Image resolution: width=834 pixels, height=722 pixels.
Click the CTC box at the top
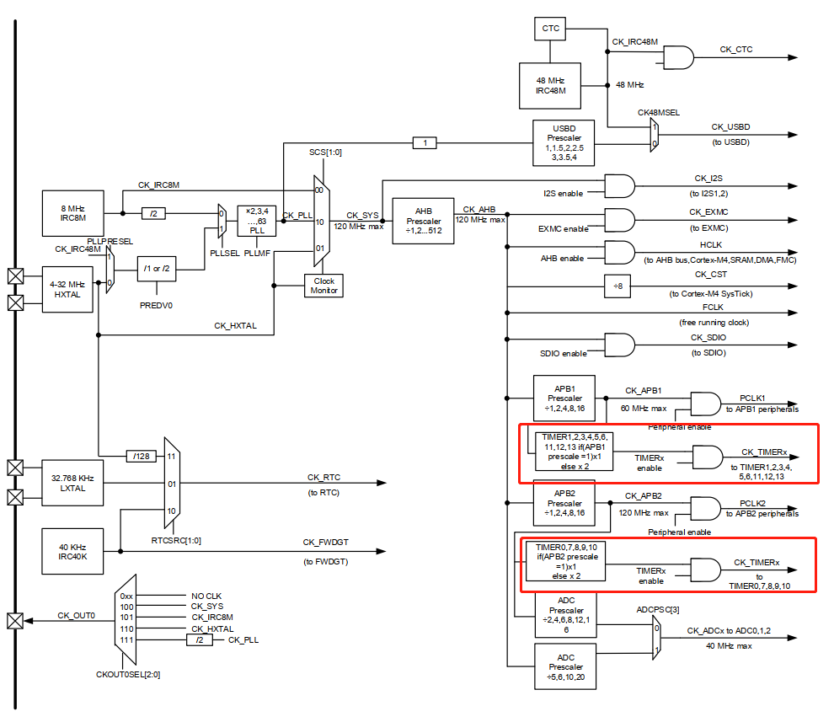[x=550, y=29]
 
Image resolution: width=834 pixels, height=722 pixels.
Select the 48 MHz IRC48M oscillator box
[x=550, y=84]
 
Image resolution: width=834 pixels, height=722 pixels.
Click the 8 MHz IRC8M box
[x=72, y=213]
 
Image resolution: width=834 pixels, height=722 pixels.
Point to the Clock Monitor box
[x=324, y=286]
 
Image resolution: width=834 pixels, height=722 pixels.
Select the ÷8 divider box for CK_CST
[x=617, y=286]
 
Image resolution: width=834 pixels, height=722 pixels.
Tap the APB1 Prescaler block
[x=565, y=398]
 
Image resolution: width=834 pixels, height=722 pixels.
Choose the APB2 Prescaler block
[x=565, y=503]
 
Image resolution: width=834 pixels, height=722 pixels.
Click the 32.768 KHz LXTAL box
[x=72, y=483]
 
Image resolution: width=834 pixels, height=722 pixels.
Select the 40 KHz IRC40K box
[x=72, y=551]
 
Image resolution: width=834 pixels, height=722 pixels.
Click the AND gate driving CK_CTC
[x=679, y=57]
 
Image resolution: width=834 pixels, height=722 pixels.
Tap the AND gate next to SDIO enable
[x=620, y=345]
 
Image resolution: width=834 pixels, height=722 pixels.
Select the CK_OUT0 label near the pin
[x=76, y=615]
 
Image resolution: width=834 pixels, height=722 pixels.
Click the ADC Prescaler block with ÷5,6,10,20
[x=565, y=666]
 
